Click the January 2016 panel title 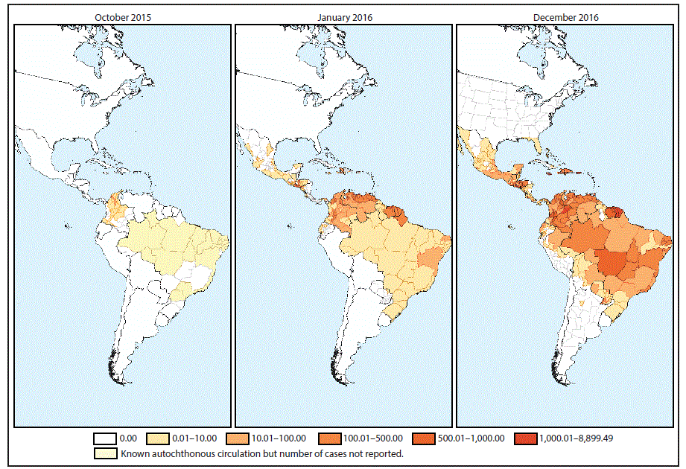pyautogui.click(x=343, y=16)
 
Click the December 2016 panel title pyautogui.click(x=565, y=16)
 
